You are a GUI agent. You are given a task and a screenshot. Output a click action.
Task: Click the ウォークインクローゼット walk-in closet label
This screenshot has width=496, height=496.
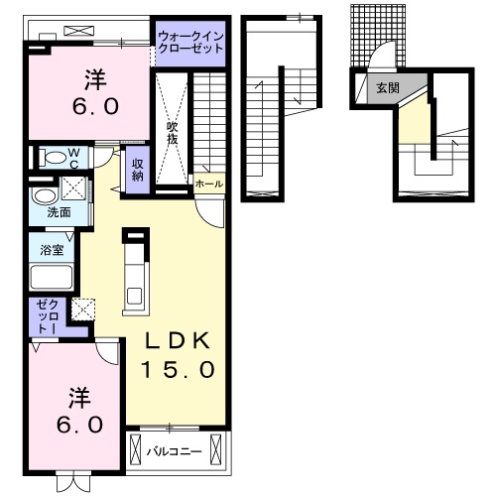point(190,43)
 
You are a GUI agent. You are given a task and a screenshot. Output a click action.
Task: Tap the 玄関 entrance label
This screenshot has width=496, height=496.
point(388,88)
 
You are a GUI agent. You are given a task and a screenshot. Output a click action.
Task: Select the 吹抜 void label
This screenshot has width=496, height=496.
point(172,134)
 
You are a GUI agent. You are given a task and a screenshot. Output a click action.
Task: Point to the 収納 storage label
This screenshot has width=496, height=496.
point(138,170)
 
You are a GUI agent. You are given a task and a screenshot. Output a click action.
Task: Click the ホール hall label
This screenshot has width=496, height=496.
point(209,184)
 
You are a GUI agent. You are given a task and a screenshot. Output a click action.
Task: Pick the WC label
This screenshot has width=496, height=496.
point(74,158)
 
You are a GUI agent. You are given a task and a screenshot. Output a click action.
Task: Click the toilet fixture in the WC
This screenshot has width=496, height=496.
point(53,158)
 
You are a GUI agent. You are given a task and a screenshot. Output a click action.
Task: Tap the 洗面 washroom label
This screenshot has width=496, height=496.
point(59,212)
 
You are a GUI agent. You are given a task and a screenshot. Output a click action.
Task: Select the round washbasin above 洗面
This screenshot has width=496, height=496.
point(44,196)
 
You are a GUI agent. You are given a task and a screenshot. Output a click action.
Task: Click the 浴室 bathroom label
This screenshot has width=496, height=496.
point(52,250)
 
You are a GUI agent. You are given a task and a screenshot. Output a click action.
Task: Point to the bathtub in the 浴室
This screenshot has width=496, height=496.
point(52,277)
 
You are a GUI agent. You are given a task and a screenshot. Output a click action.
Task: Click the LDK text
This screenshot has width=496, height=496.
point(178,340)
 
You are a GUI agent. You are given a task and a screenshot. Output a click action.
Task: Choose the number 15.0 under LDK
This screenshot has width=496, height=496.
point(179,369)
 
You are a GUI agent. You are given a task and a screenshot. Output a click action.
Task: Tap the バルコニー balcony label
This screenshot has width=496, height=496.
point(175,451)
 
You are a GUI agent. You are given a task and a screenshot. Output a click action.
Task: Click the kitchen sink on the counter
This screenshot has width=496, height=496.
point(134,296)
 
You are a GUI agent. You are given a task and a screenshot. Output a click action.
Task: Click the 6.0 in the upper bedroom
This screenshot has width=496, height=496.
point(95,106)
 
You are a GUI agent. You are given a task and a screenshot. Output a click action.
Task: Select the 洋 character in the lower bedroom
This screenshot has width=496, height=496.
point(79,398)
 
